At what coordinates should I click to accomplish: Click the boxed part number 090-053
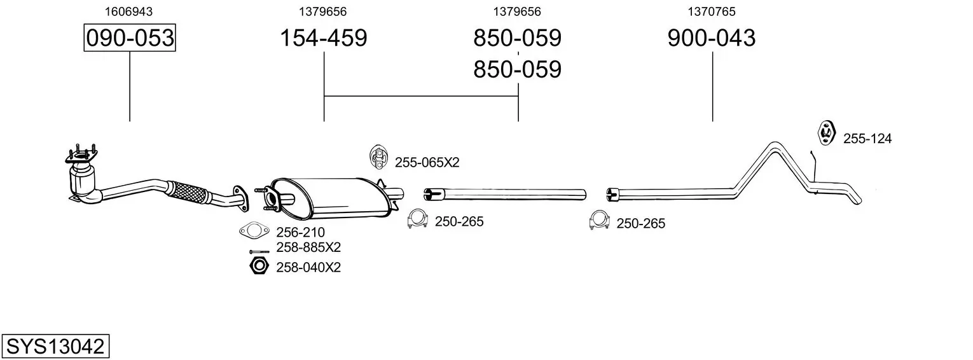coord(130,38)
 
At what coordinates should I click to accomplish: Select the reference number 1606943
coord(128,11)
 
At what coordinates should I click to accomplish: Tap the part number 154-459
coord(324,38)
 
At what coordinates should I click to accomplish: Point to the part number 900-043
coord(712,38)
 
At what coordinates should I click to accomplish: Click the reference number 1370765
coord(712,11)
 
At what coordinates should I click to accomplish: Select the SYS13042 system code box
coord(55,346)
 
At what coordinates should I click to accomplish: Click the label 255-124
coord(867,139)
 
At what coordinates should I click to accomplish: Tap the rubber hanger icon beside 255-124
coord(826,134)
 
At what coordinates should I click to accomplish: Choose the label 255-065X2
coord(427,162)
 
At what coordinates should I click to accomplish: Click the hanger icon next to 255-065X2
coord(378,157)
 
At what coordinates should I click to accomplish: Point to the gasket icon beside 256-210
coord(254,231)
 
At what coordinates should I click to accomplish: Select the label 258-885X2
coord(308,247)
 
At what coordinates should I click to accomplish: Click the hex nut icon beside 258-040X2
coord(259,265)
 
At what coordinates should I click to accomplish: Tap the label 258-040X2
coord(308,268)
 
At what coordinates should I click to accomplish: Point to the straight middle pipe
coord(505,194)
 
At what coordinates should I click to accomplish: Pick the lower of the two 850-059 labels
coord(517,69)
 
